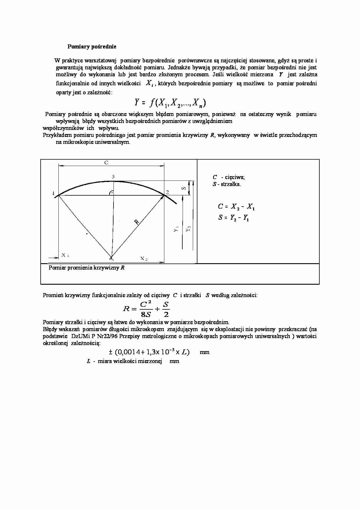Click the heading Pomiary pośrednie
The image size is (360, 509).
tap(92, 46)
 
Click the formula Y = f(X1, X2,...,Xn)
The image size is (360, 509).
tap(170, 102)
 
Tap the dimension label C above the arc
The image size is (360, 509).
tap(106, 163)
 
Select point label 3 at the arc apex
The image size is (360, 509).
tap(113, 177)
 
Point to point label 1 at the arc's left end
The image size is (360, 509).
tap(53, 193)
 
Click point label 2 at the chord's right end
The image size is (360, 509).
tap(168, 192)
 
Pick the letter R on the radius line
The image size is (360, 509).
tap(137, 222)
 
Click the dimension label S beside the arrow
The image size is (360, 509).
tap(184, 188)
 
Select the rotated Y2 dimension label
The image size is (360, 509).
tap(188, 229)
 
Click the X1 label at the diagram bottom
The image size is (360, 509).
tap(65, 255)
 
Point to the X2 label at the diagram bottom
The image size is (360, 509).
tap(144, 259)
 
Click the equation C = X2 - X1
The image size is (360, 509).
tap(236, 207)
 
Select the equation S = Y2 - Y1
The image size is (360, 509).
tap(234, 218)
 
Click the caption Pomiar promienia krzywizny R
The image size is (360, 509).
tap(87, 268)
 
